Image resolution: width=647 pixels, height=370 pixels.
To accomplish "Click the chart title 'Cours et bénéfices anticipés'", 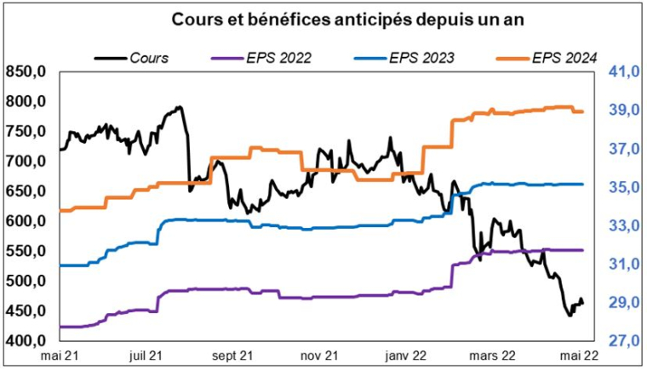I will tap(323, 19).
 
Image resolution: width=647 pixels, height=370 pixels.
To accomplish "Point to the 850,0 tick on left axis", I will tap(25, 72).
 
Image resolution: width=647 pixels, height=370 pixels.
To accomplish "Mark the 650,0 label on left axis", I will tap(25, 191).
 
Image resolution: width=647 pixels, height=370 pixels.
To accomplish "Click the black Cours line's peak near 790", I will tap(179, 107).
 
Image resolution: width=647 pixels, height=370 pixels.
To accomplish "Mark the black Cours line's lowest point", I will tap(570, 316).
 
